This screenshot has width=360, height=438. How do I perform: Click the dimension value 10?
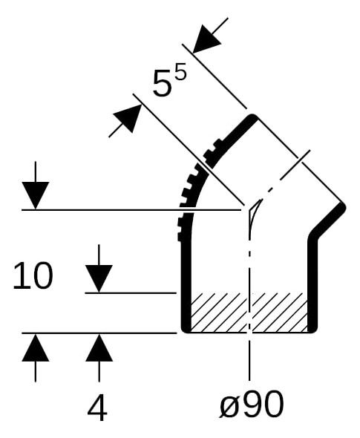(33, 275)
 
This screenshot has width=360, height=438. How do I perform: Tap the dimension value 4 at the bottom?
(97, 408)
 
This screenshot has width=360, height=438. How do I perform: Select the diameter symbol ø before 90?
(230, 405)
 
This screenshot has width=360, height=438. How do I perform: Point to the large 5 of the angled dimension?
(161, 83)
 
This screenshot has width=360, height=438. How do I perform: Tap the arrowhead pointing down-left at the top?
(206, 39)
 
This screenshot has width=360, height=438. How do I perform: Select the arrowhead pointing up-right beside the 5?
(128, 118)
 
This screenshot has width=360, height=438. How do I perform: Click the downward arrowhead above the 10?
(36, 195)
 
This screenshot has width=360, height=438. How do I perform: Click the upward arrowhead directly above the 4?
(99, 347)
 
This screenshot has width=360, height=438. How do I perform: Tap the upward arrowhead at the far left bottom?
(36, 347)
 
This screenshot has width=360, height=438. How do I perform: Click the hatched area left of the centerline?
(219, 313)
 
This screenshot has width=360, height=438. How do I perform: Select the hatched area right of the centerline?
(280, 313)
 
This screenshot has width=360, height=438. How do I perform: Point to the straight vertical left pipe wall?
(186, 285)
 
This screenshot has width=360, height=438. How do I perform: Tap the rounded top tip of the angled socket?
(253, 117)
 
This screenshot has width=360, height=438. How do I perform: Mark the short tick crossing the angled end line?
(295, 165)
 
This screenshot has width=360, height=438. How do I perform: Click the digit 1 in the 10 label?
(20, 275)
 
